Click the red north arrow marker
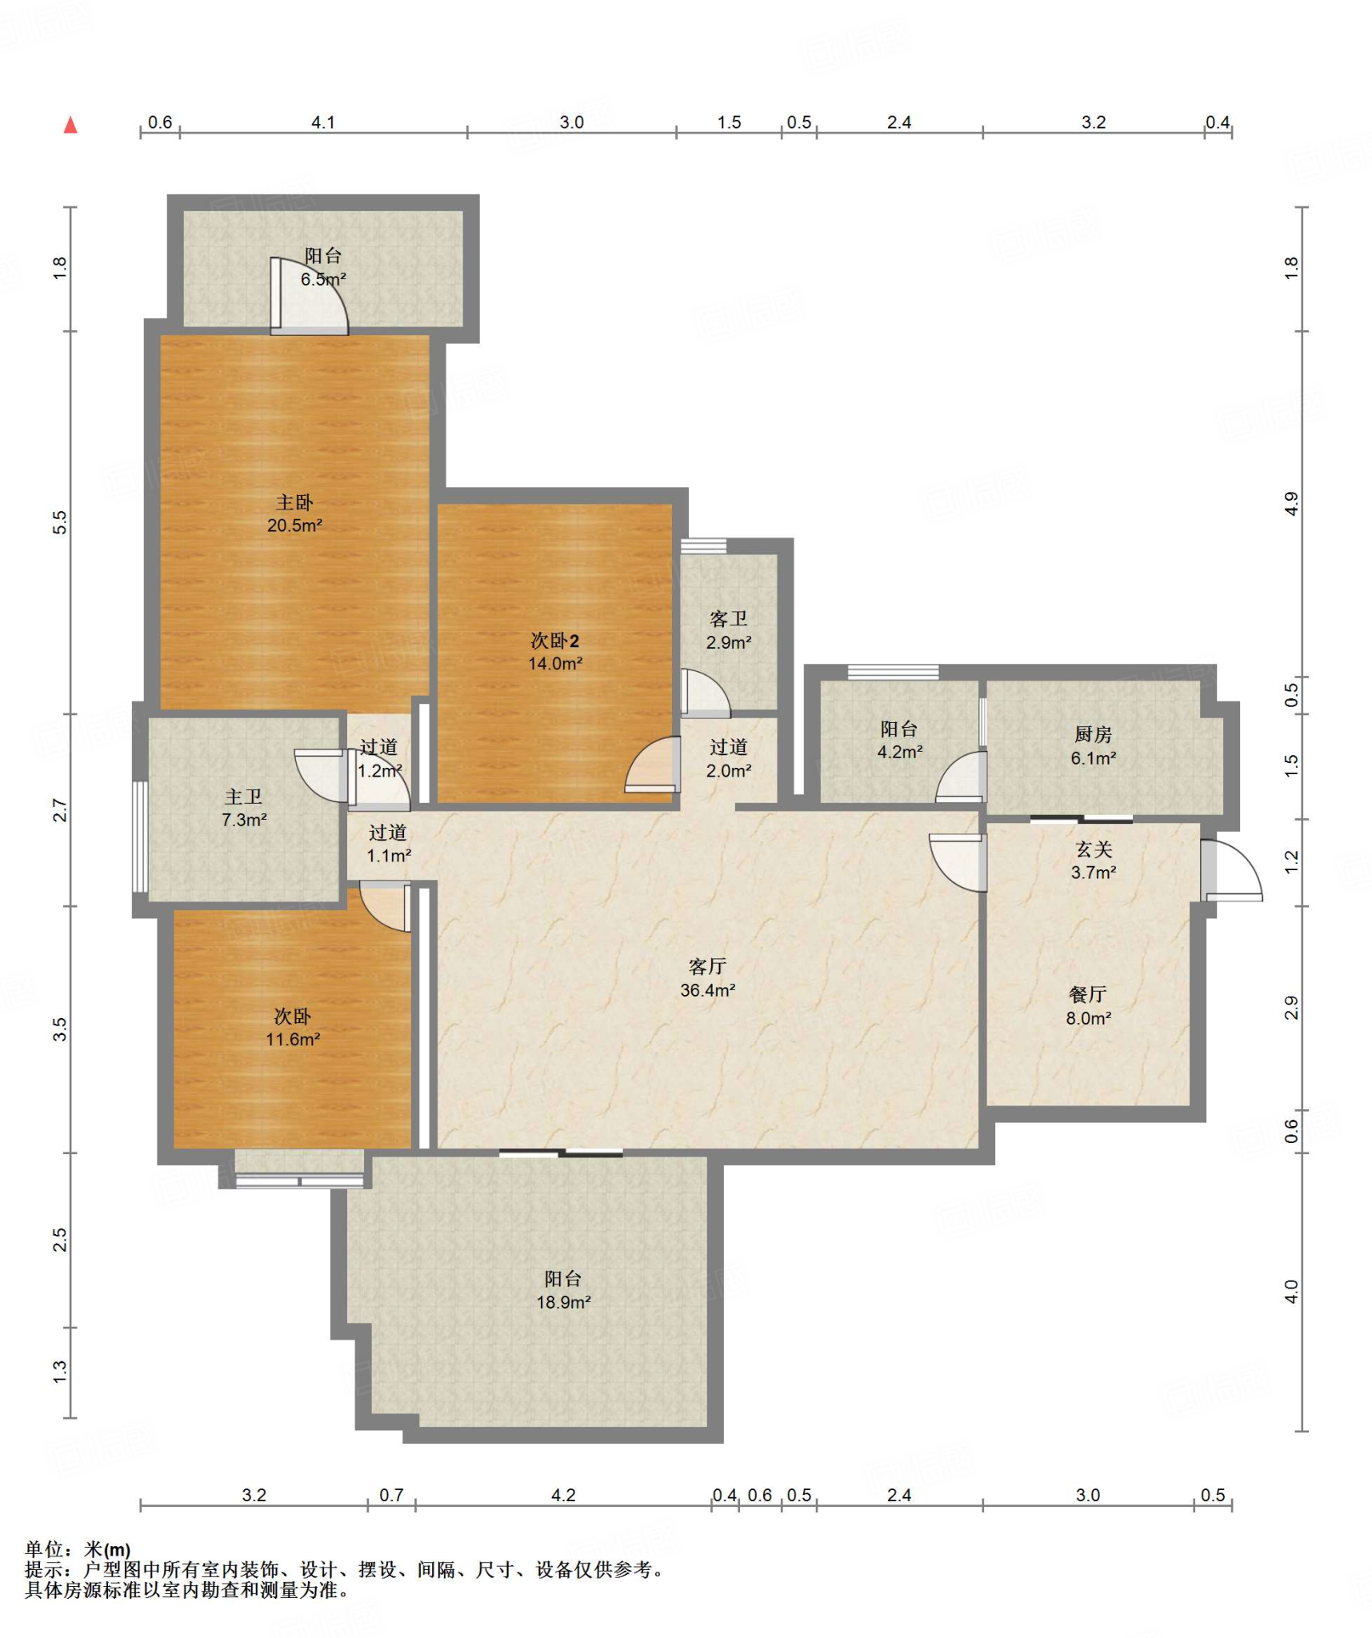point(70,124)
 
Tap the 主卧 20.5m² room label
point(294,513)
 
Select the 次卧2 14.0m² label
point(554,652)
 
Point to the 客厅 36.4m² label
point(707,978)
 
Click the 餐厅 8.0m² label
point(1088,1006)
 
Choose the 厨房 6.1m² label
point(1093,745)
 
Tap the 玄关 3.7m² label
point(1094,861)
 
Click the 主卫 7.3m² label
point(244,808)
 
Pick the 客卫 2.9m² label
point(728,630)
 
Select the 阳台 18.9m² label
point(563,1290)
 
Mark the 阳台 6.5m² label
point(323,267)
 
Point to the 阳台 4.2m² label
point(899,740)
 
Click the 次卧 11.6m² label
point(293,1028)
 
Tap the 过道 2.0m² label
point(728,758)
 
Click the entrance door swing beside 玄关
point(1232,869)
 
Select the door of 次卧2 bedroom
point(652,765)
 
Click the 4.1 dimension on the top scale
point(322,122)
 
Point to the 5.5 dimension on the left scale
point(60,522)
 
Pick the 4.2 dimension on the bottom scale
point(563,1496)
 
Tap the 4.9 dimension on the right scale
point(1291,504)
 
